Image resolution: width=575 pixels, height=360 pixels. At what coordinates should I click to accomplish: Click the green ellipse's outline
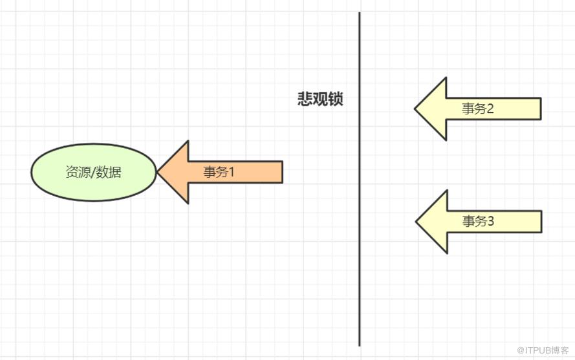[94, 144]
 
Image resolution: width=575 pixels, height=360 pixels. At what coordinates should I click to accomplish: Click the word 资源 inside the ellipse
[77, 172]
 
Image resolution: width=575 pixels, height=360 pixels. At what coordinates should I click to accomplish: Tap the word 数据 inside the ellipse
[109, 172]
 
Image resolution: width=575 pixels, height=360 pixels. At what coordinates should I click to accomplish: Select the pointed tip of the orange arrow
[158, 172]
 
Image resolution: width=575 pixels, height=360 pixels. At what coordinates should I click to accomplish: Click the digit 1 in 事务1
[231, 171]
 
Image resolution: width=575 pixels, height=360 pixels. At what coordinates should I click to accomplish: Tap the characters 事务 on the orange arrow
[215, 171]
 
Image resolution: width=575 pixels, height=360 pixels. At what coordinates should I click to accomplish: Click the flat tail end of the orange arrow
[283, 172]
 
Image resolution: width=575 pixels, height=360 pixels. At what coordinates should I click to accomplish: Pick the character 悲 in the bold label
[305, 99]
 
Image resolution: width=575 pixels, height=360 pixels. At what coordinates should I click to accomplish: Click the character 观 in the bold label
[320, 99]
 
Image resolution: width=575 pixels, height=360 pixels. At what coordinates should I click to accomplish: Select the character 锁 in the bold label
[336, 99]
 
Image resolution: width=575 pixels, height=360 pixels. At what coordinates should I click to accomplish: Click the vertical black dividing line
[360, 179]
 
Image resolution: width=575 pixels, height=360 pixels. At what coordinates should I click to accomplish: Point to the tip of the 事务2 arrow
[415, 109]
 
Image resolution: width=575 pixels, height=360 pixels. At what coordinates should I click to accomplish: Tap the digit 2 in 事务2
[489, 108]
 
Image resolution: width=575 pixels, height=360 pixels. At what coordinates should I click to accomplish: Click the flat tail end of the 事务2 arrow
[541, 109]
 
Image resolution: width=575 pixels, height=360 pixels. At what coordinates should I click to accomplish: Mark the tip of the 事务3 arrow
[417, 222]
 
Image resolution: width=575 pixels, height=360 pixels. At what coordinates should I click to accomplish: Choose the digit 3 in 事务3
[490, 220]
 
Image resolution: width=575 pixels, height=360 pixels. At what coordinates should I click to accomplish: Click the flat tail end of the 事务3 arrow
[541, 222]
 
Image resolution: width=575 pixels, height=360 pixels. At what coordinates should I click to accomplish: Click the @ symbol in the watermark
[521, 350]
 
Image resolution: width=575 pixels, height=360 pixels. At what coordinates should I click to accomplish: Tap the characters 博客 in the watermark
[560, 350]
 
